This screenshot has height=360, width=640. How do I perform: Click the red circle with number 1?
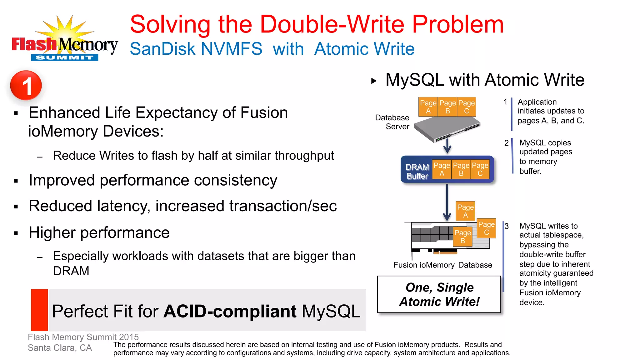pos(26,85)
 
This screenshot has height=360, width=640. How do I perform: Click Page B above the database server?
pos(447,107)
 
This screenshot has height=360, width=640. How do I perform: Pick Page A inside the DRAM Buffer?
pos(442,169)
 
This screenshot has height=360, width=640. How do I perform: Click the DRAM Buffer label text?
pos(417,171)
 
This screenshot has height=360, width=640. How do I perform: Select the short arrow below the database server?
pos(447,146)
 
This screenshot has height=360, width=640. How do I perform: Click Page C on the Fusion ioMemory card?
pos(486,228)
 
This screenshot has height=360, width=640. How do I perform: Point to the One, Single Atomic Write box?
pos(439,294)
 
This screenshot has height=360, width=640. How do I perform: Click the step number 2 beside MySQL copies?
pos(506,143)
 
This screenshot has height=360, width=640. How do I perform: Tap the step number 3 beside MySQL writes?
pos(507,226)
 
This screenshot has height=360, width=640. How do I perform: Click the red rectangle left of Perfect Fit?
pos(40,310)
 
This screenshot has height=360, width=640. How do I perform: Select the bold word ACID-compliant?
pos(230,311)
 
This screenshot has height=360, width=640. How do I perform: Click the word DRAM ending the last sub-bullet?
pos(71,271)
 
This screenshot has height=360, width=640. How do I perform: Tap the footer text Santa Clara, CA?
pos(60,348)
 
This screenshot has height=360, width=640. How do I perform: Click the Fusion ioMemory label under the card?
pos(424,265)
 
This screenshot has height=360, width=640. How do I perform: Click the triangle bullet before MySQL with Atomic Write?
pos(374,81)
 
